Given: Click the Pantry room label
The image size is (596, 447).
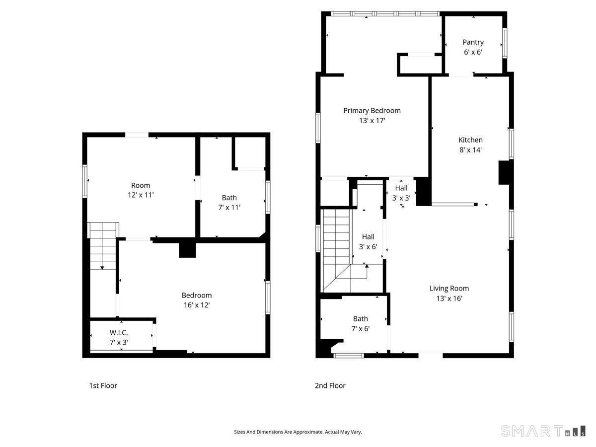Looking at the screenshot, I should [x=473, y=43].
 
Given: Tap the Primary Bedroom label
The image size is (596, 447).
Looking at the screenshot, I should [x=372, y=111].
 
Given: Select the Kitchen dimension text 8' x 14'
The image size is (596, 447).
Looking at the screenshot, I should [x=470, y=149].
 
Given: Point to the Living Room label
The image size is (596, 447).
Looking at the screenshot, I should [x=449, y=289].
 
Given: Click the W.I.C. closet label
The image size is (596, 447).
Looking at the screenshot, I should [x=119, y=333].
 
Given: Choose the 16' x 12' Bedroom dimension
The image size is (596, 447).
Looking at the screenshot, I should [x=196, y=305].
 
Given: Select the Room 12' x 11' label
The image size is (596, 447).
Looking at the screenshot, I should [x=141, y=190].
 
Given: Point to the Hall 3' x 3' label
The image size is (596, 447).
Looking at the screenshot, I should [x=401, y=193].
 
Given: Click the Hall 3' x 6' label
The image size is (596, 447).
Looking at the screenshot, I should [x=368, y=241].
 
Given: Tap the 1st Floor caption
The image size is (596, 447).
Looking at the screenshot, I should [x=103, y=385].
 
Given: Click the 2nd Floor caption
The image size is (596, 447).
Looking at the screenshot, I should [x=330, y=385].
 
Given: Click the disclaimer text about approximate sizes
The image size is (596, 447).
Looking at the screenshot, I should [x=298, y=432].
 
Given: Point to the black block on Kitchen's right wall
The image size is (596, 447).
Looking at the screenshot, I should [x=504, y=172].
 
